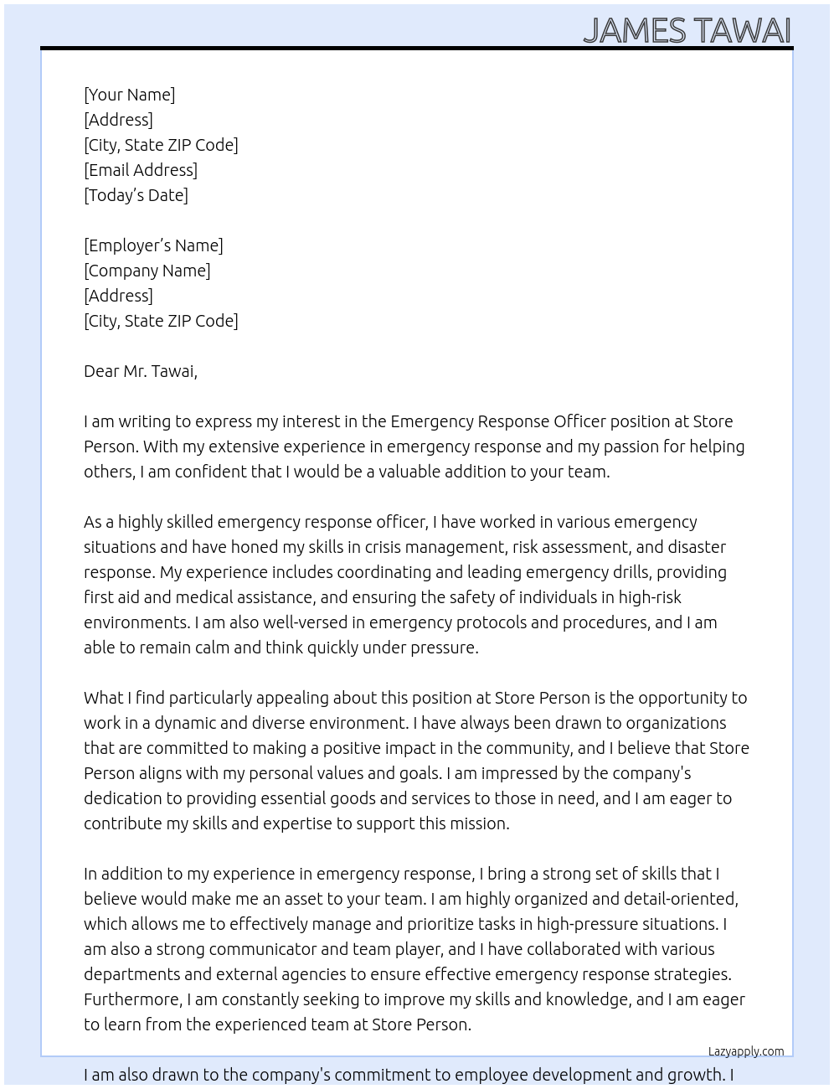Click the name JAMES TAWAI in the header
[687, 30]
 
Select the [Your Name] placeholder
[129, 95]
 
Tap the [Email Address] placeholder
[141, 170]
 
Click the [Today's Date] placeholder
[136, 195]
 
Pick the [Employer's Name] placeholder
[153, 245]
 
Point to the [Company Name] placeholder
[147, 271]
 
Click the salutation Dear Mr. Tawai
[140, 371]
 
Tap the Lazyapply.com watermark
[746, 1051]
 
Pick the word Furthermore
[132, 999]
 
